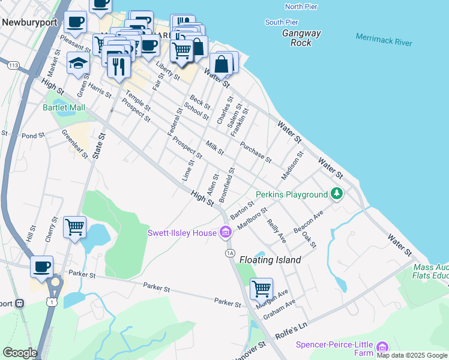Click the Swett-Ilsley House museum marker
point(225,232)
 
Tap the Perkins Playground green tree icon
point(337,194)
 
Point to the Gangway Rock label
point(301,38)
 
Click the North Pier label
point(302,7)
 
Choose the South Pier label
point(282,22)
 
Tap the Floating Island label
point(270,260)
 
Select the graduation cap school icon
point(78,62)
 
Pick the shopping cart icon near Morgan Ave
point(261,289)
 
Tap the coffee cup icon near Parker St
point(42,266)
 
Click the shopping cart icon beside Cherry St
point(74,227)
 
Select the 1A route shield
point(229,253)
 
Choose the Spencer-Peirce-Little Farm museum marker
point(382,347)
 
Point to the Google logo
point(20,353)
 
